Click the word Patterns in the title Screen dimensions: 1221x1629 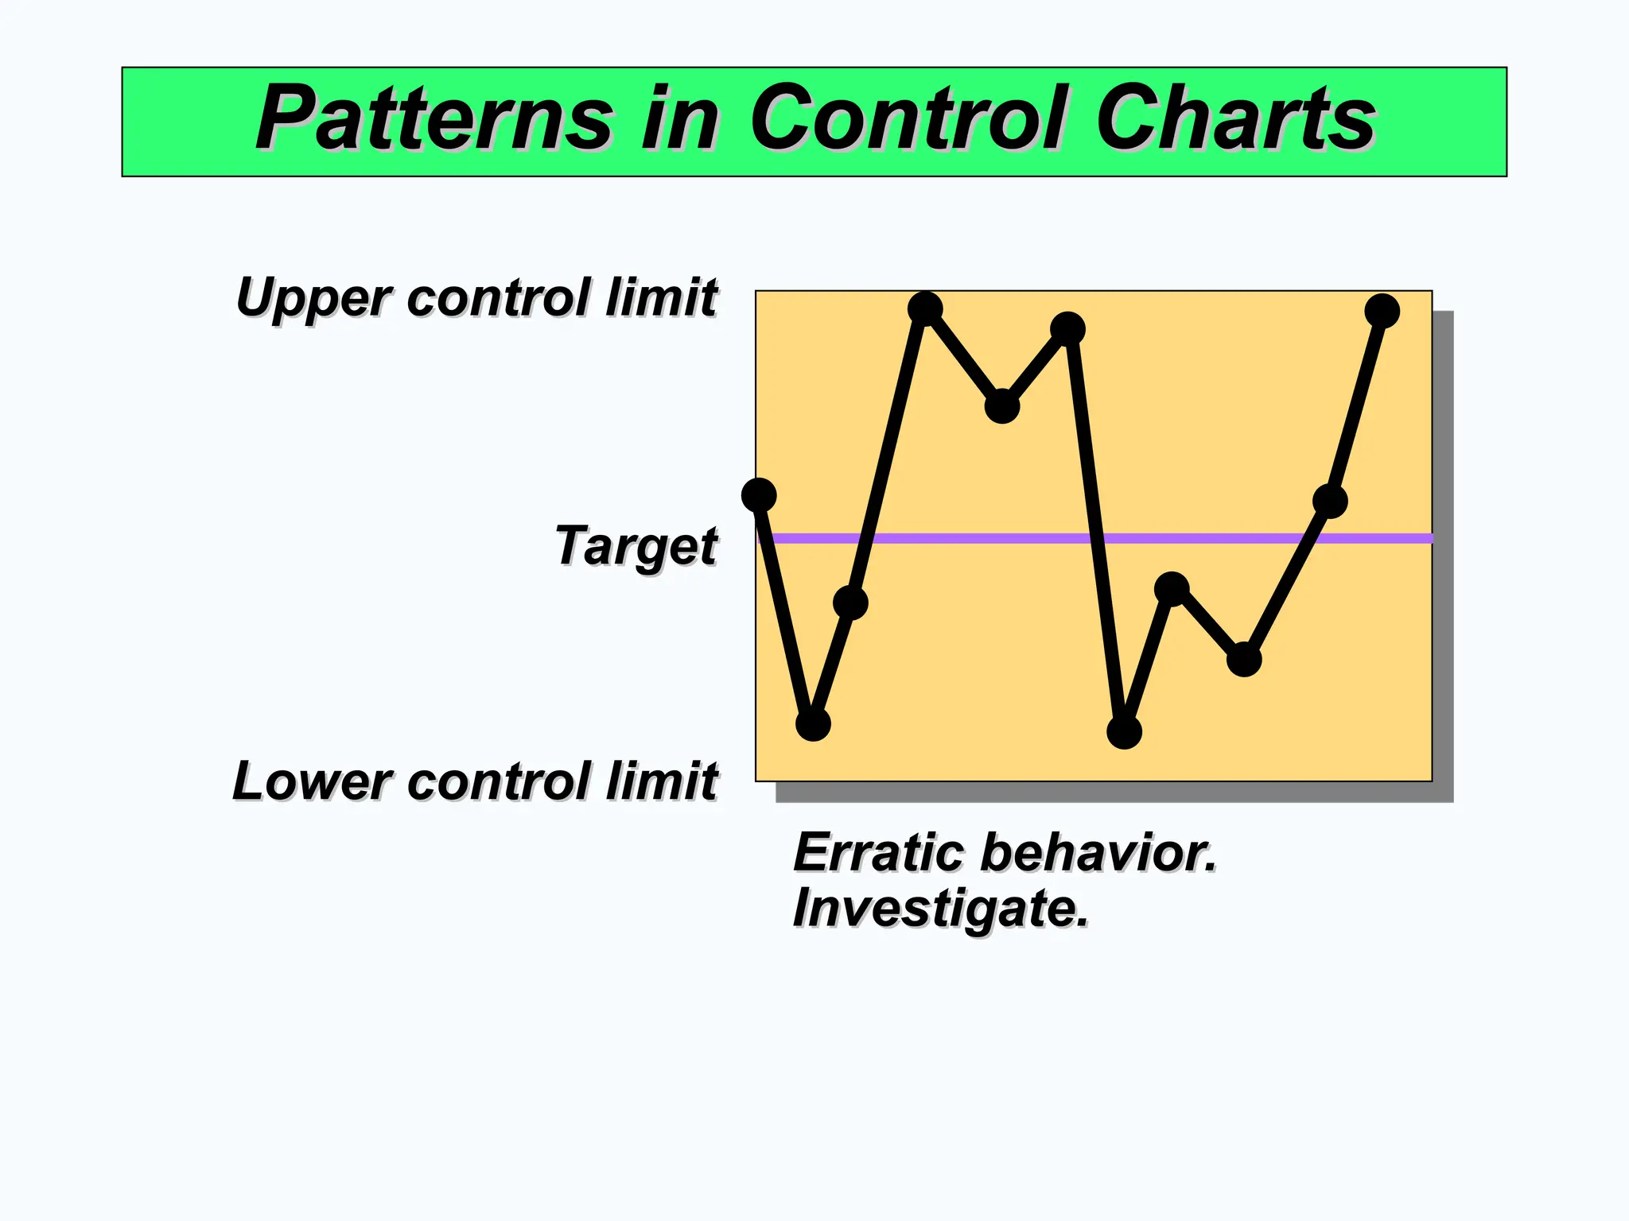coord(433,119)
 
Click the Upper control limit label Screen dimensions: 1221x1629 coord(477,298)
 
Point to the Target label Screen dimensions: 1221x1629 coord(636,547)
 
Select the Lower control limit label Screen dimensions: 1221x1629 coord(476,781)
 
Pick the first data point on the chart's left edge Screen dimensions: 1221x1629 coord(759,495)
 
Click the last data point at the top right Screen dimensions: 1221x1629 coord(1382,311)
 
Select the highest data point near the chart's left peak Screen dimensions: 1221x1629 coord(925,308)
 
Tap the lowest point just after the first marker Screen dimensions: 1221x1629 coord(813,724)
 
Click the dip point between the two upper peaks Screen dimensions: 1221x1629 coord(1002,406)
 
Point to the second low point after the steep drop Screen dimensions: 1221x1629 coord(1124,731)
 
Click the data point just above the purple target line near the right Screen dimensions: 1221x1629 coord(1330,501)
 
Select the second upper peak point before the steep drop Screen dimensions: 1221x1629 coord(1067,329)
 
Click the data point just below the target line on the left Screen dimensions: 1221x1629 coord(850,603)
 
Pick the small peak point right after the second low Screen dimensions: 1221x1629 coord(1171,589)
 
